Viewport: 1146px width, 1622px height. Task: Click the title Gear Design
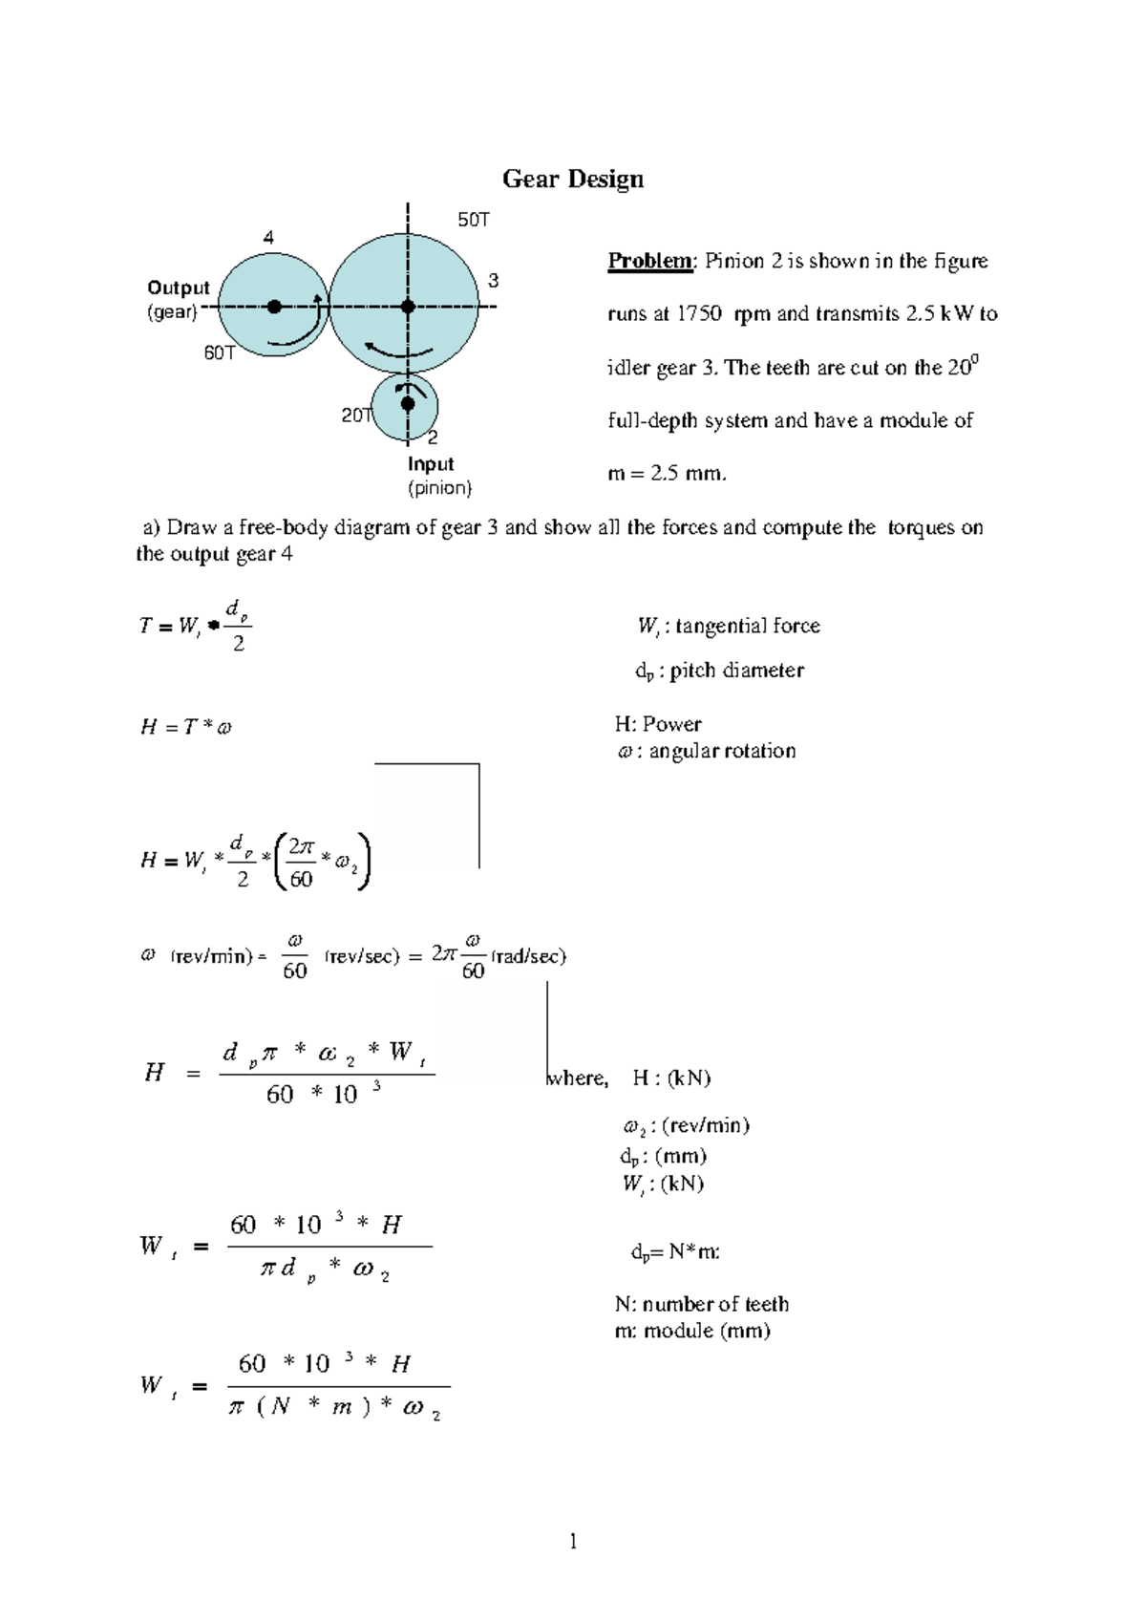573,179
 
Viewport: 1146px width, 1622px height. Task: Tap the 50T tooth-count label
474,220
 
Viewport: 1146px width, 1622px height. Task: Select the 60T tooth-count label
220,352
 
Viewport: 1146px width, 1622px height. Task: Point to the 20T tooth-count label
356,416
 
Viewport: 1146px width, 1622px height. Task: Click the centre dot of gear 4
274,307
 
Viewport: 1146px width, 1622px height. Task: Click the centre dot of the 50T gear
408,307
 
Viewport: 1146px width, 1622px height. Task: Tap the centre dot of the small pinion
408,404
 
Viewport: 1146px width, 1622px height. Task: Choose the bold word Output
179,288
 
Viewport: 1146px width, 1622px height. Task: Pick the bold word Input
431,463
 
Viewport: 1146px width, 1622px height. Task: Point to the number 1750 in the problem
699,313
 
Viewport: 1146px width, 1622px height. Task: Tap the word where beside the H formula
577,1078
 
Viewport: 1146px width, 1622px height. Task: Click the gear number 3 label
493,281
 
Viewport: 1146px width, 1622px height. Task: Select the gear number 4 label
268,238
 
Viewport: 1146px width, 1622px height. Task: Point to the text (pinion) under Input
440,488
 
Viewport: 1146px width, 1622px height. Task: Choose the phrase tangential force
748,626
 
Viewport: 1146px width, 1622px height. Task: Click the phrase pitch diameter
736,670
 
